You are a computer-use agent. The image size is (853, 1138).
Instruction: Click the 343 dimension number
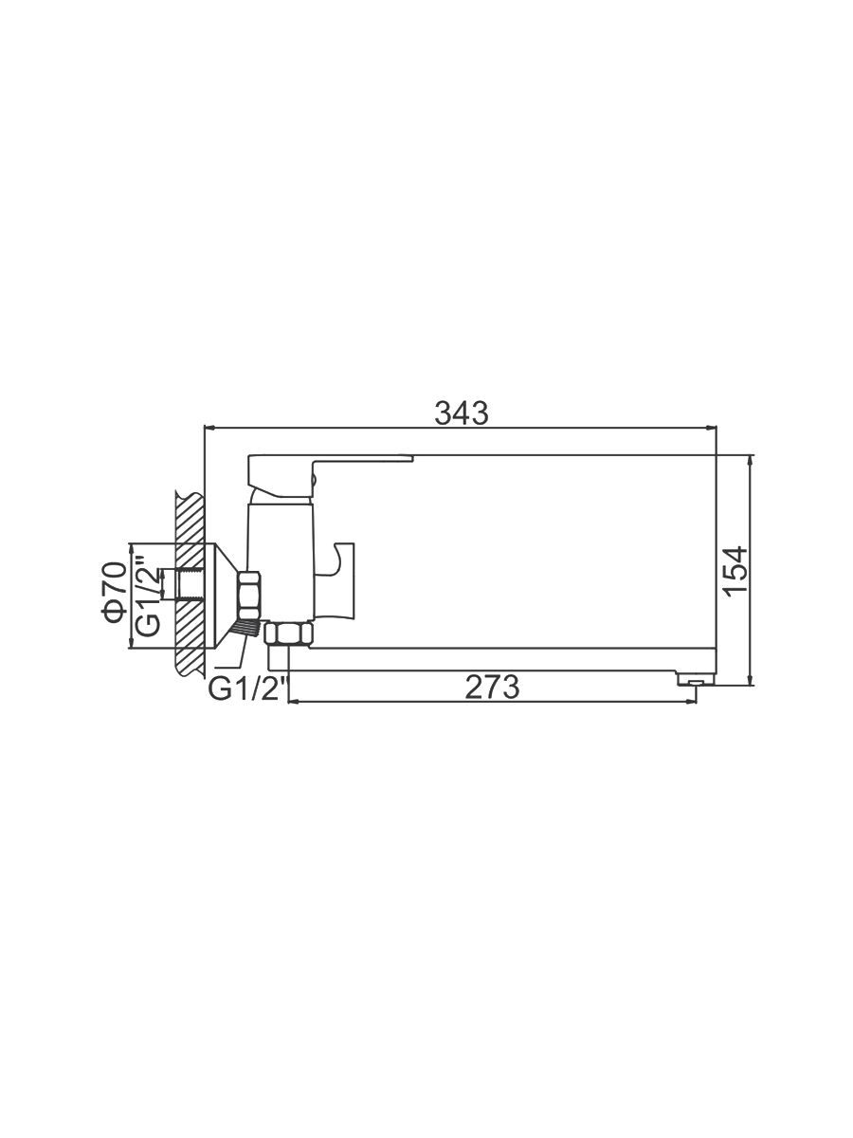coord(461,413)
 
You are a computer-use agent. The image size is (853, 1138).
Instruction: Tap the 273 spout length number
coord(492,688)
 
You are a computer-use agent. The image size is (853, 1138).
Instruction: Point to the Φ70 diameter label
coord(115,592)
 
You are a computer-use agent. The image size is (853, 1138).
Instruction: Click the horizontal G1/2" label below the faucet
coord(247,689)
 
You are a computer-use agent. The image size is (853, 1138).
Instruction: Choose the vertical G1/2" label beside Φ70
coord(148,597)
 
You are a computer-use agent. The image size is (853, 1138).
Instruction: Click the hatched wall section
coord(191,582)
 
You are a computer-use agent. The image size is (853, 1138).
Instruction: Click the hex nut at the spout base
coord(289,634)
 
